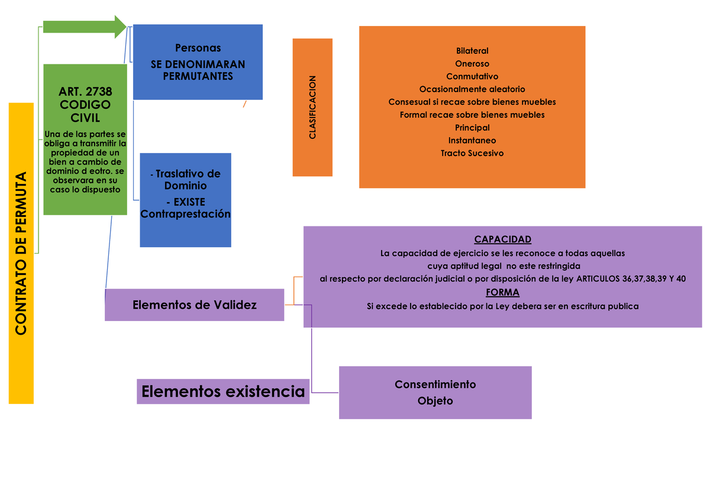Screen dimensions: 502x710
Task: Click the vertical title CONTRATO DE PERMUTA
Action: tap(21, 254)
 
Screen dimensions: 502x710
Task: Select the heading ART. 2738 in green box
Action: tap(85, 92)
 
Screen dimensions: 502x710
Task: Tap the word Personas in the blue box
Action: tap(198, 48)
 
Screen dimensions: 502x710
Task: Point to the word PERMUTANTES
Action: tap(198, 76)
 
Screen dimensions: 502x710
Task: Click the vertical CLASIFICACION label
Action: tap(312, 108)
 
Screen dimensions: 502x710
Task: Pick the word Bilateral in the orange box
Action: tap(472, 51)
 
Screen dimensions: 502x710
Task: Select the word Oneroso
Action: tap(472, 64)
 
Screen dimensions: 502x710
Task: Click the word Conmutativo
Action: tap(472, 76)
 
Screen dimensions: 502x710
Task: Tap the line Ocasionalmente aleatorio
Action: tap(472, 89)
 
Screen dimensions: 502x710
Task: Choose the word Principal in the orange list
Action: tap(472, 128)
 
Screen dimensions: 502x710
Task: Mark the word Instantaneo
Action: tap(472, 141)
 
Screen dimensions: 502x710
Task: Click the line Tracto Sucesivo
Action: tap(472, 153)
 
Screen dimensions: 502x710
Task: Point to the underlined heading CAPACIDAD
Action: tap(503, 239)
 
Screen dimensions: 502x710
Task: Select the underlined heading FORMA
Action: tap(503, 293)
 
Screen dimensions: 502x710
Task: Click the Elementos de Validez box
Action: tap(195, 305)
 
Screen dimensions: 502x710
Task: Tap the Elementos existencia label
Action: tap(223, 391)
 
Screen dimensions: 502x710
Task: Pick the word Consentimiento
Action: tap(435, 384)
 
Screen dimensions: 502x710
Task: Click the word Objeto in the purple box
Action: tap(435, 401)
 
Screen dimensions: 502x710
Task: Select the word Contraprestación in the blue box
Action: tap(185, 214)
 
